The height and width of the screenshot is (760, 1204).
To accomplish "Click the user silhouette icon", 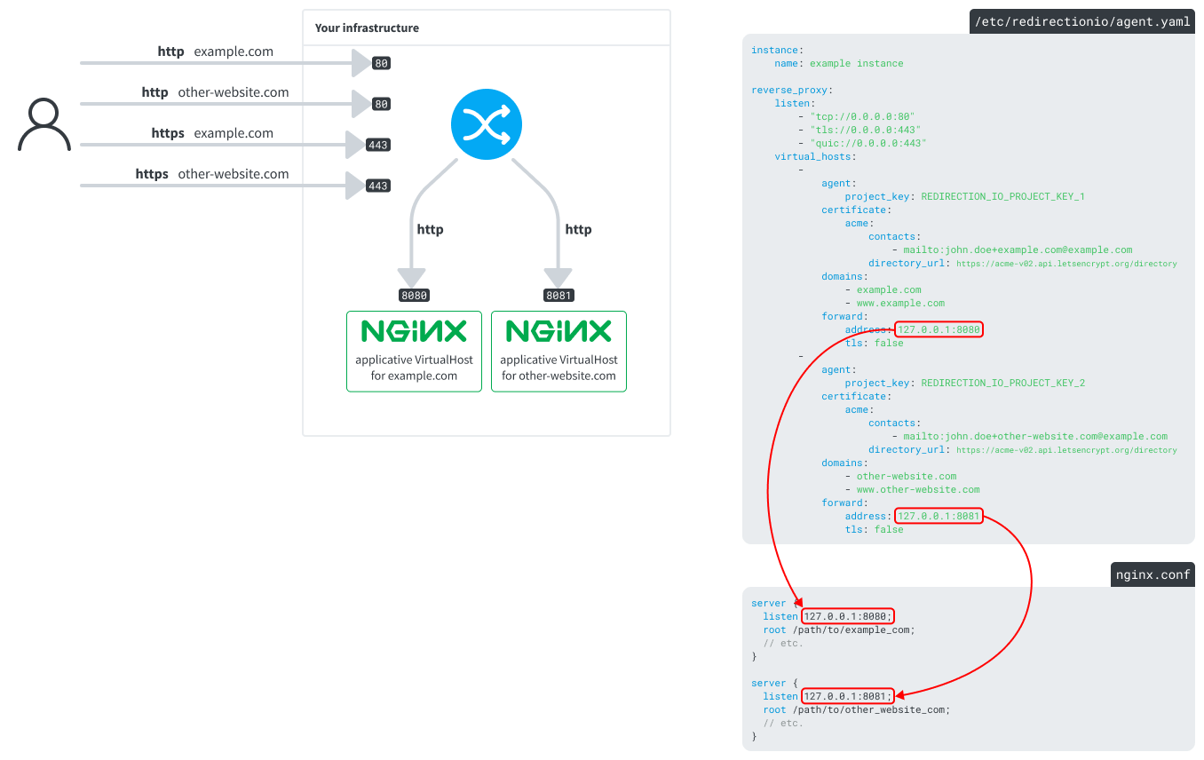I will (44, 125).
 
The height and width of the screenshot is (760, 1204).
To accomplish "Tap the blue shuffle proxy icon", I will (487, 124).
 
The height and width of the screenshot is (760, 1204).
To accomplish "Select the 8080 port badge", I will (415, 296).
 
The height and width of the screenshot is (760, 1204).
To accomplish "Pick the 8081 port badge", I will (558, 296).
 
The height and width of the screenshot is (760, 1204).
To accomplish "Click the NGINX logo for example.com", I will (414, 331).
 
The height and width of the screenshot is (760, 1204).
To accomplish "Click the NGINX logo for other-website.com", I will (558, 331).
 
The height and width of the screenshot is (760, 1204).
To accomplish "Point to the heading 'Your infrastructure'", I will (367, 28).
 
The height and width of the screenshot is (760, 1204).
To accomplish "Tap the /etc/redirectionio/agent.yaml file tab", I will (1081, 22).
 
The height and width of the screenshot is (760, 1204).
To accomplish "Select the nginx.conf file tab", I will (1153, 574).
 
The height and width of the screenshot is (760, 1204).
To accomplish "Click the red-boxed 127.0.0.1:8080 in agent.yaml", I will (939, 329).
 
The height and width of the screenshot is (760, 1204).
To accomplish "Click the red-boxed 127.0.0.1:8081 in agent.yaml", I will (939, 516).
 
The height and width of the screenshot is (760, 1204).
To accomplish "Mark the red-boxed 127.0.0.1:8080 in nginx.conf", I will (847, 616).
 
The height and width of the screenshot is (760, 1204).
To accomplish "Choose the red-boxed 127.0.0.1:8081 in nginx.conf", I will (847, 696).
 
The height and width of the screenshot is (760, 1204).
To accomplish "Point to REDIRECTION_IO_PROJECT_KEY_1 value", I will (1002, 196).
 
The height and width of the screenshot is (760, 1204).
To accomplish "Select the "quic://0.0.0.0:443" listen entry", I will (867, 143).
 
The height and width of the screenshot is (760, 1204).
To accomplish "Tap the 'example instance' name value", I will (856, 63).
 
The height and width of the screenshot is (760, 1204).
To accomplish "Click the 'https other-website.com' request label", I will (212, 174).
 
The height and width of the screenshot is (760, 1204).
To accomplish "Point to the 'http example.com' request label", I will (215, 51).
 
